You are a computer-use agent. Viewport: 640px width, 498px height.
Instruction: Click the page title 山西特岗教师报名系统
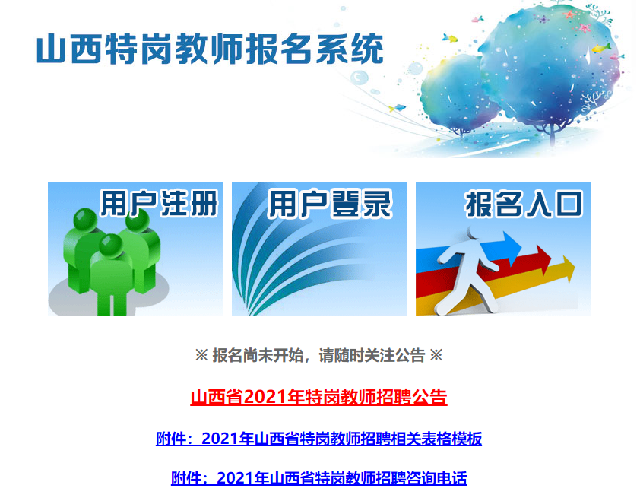point(211,49)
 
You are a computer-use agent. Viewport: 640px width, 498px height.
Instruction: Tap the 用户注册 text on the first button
point(159,203)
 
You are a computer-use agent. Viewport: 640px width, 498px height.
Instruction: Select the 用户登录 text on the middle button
point(330,203)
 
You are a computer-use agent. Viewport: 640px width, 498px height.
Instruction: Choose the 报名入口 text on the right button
point(524,204)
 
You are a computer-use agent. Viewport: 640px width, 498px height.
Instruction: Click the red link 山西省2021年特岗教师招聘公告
point(318,397)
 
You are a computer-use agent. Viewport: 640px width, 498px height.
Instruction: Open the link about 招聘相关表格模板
point(318,439)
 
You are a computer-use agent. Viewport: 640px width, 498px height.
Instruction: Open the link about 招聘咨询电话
point(318,478)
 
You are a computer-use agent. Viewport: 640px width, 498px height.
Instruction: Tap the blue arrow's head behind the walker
point(512,246)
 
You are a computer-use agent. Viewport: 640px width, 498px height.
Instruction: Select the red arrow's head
point(543,259)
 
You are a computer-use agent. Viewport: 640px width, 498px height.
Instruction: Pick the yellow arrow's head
point(568,269)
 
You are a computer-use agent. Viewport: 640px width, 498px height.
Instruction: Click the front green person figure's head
point(111,246)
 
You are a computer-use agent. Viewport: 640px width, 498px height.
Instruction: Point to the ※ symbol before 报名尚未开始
point(201,355)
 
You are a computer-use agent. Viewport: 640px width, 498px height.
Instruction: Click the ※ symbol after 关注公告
point(436,355)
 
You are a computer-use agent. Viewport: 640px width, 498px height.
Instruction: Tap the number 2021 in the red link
point(266,397)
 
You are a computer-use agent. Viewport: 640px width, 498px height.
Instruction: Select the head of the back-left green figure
point(85,220)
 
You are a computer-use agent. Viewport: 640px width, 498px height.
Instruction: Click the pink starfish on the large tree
point(585,28)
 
